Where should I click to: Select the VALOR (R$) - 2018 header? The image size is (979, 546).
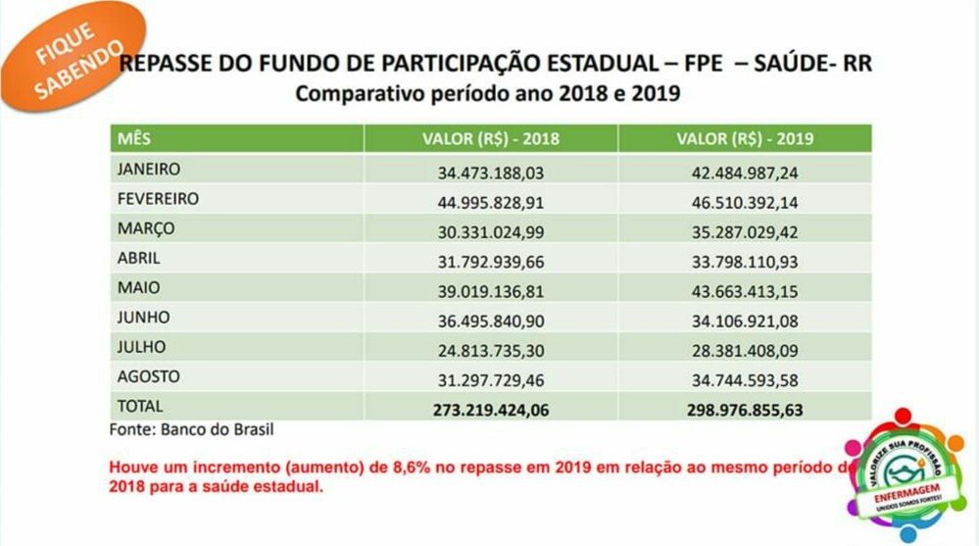point(490,138)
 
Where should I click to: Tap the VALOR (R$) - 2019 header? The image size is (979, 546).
point(745,138)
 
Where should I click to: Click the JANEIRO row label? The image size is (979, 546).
point(149,169)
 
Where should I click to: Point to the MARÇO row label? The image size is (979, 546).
point(146,228)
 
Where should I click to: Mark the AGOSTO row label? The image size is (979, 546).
point(148,376)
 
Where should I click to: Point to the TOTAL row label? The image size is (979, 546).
point(140,406)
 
